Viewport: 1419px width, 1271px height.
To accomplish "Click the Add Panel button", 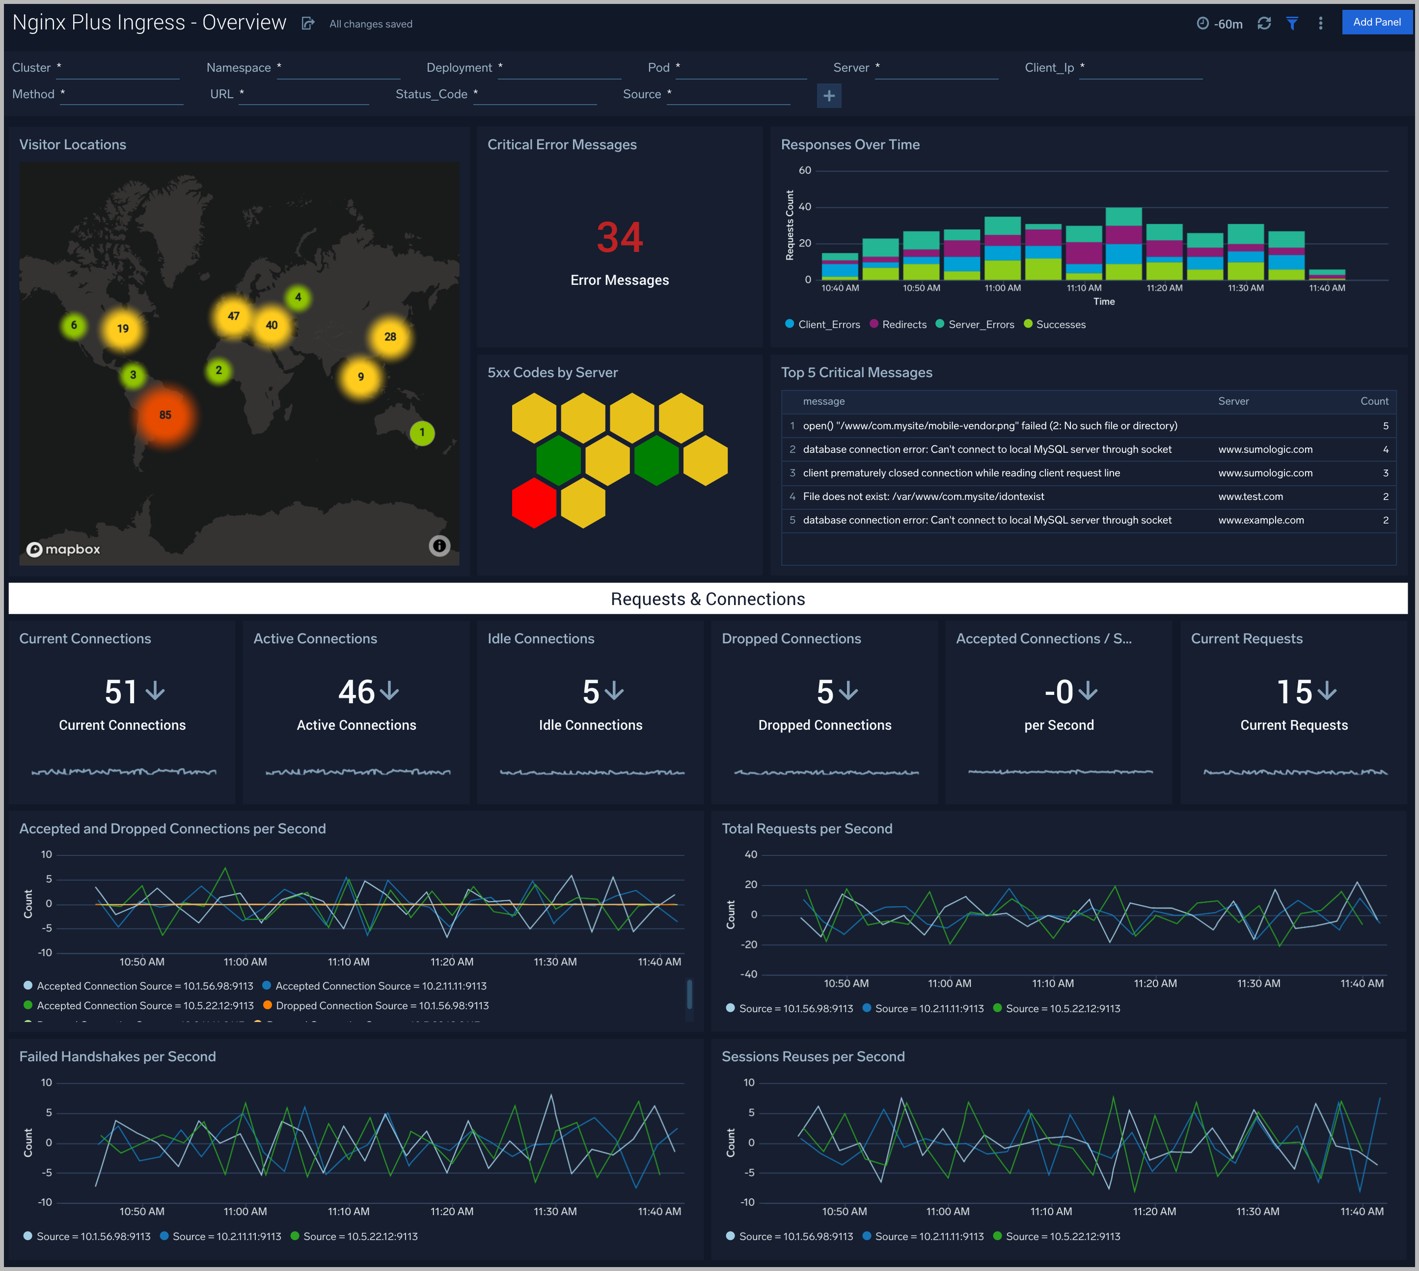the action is (1376, 23).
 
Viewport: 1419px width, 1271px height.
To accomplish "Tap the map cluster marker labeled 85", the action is (165, 415).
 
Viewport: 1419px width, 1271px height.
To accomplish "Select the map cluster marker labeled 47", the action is (233, 316).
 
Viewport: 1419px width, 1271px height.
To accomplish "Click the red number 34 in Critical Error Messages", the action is (620, 237).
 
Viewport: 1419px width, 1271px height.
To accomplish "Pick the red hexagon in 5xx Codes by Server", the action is (534, 503).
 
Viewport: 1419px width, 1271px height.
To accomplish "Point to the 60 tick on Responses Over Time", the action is (804, 170).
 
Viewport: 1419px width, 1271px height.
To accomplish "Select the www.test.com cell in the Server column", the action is (1250, 497).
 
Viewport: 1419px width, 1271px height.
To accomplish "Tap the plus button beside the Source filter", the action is (829, 96).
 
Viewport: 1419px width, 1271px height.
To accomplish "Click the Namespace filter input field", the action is (339, 68).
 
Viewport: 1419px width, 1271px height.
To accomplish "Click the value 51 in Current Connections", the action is (121, 692).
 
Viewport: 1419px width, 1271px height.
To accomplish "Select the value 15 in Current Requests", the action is (1294, 692).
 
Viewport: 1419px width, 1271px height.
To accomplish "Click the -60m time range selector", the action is (1220, 24).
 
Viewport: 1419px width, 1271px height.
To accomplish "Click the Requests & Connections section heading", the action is (708, 599).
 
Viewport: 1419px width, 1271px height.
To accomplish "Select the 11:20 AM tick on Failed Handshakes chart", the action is (452, 1212).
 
